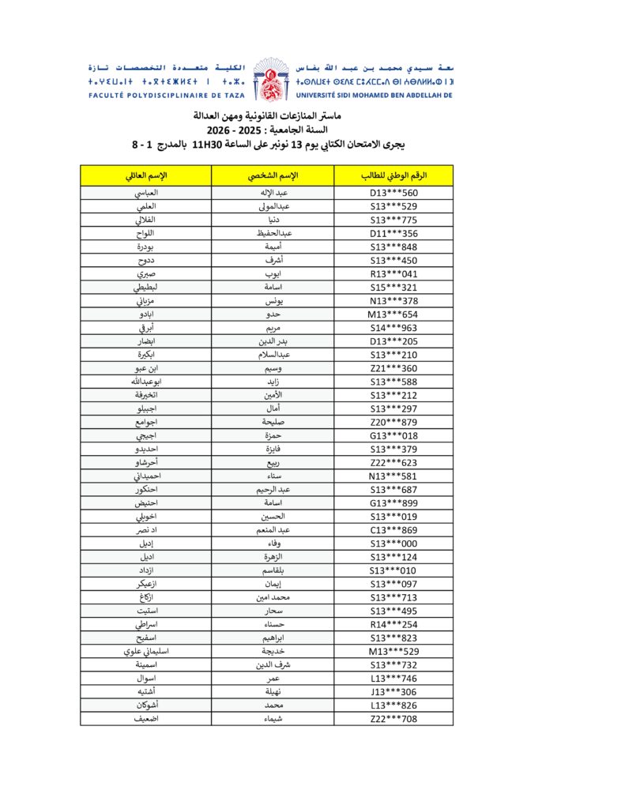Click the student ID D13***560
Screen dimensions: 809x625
click(393, 193)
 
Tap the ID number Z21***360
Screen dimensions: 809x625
click(393, 368)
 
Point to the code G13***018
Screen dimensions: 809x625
click(393, 435)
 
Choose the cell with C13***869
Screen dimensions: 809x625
click(393, 530)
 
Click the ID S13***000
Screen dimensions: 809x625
click(393, 544)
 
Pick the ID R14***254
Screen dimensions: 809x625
click(393, 624)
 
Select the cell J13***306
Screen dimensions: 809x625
click(393, 692)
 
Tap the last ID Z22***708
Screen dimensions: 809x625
click(393, 719)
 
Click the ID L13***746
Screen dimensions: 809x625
click(393, 679)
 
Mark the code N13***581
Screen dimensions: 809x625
click(393, 476)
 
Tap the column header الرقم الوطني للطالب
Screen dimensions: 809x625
click(393, 175)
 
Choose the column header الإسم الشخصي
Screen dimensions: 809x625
click(273, 175)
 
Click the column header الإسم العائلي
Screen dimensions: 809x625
click(146, 175)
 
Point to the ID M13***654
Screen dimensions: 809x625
click(393, 314)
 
